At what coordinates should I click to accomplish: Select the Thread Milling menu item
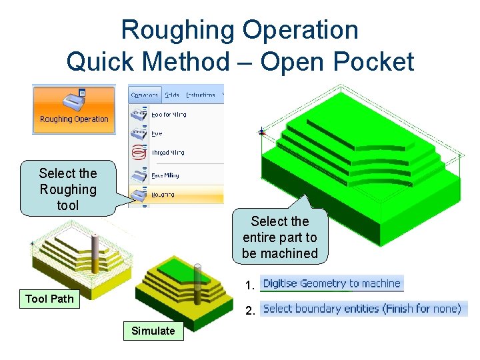[x=168, y=153]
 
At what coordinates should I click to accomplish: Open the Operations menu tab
[x=144, y=95]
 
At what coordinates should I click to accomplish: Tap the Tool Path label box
[x=49, y=299]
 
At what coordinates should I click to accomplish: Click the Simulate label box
[x=153, y=331]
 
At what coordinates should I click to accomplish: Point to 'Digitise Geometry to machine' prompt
[x=331, y=283]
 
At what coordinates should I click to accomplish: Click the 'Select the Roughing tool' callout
[x=67, y=189]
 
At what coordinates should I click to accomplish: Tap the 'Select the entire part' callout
[x=280, y=237]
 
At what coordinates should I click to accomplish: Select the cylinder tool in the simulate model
[x=197, y=287]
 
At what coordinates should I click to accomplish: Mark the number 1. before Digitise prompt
[x=250, y=285]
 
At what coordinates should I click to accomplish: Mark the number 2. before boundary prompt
[x=250, y=310]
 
